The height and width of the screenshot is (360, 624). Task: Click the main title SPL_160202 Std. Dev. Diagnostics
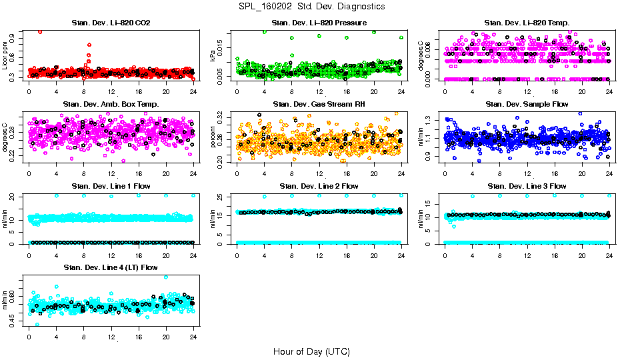[x=311, y=6]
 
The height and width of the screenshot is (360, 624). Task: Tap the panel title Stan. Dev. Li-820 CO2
[x=111, y=23]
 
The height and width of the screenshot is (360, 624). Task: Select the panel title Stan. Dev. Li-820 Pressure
[x=319, y=23]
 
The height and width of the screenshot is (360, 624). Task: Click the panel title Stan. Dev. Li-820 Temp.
[x=527, y=23]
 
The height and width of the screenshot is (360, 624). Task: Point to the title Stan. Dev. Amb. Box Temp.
[x=111, y=104]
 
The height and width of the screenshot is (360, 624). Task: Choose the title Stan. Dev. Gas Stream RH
[x=319, y=104]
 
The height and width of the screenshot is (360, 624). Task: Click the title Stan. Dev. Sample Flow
[x=527, y=104]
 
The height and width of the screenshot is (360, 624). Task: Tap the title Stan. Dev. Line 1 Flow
[x=111, y=186]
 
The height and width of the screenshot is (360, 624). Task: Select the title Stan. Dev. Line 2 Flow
[x=319, y=186]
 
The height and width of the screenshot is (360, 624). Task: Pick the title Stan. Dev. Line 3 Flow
[x=527, y=186]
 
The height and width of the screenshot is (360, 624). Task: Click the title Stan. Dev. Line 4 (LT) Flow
[x=111, y=267]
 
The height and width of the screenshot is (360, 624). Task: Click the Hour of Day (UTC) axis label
[x=311, y=351]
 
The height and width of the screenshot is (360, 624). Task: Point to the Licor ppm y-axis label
[x=5, y=55]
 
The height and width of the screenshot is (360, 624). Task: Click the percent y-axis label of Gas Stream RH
[x=213, y=137]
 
